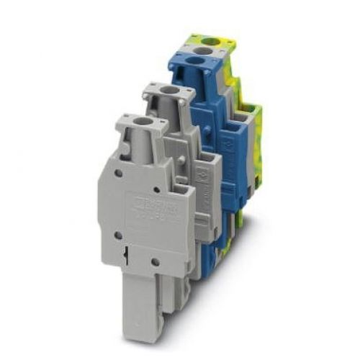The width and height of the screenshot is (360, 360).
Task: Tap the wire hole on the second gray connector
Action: (x=166, y=91)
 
